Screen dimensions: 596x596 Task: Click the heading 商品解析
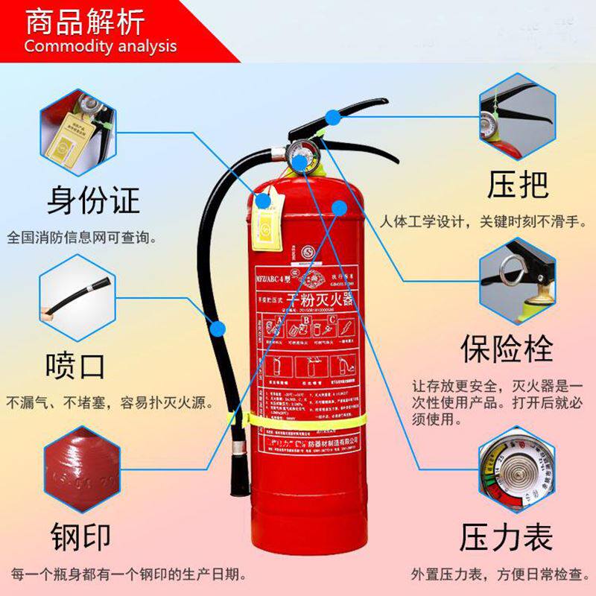tap(86, 22)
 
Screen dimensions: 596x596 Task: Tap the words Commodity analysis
tap(101, 46)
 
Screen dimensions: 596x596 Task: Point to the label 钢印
tap(80, 536)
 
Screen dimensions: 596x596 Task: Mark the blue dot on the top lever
tap(333, 116)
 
